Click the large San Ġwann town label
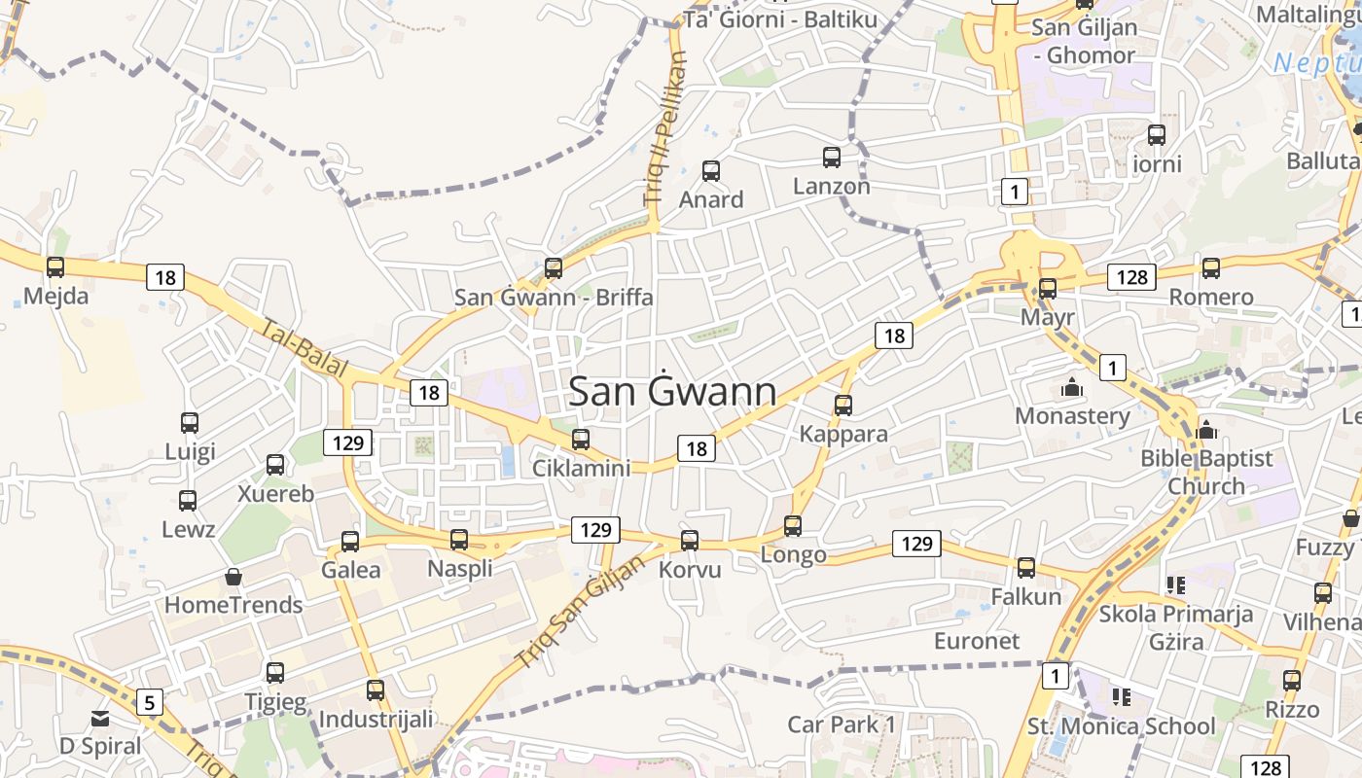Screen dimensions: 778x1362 point(672,392)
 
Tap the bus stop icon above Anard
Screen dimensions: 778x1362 point(711,171)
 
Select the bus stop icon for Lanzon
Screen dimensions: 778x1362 point(832,157)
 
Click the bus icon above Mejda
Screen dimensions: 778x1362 point(55,266)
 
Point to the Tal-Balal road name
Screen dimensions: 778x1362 point(304,348)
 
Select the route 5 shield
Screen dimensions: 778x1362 point(149,701)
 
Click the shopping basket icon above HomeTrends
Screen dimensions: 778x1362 point(233,577)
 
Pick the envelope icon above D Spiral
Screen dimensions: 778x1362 point(100,719)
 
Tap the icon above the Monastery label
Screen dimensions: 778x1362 point(1072,387)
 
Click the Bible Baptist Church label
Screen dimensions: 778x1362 point(1206,472)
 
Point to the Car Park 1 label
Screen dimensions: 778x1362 point(842,725)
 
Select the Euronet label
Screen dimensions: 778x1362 point(977,641)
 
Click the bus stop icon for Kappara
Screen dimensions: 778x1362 point(843,405)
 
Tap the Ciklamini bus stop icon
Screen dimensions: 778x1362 point(581,440)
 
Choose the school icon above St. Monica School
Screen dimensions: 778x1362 point(1122,697)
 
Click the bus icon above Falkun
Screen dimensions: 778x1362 point(1026,568)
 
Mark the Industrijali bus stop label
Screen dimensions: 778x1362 point(376,720)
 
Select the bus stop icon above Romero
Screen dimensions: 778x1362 point(1211,267)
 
